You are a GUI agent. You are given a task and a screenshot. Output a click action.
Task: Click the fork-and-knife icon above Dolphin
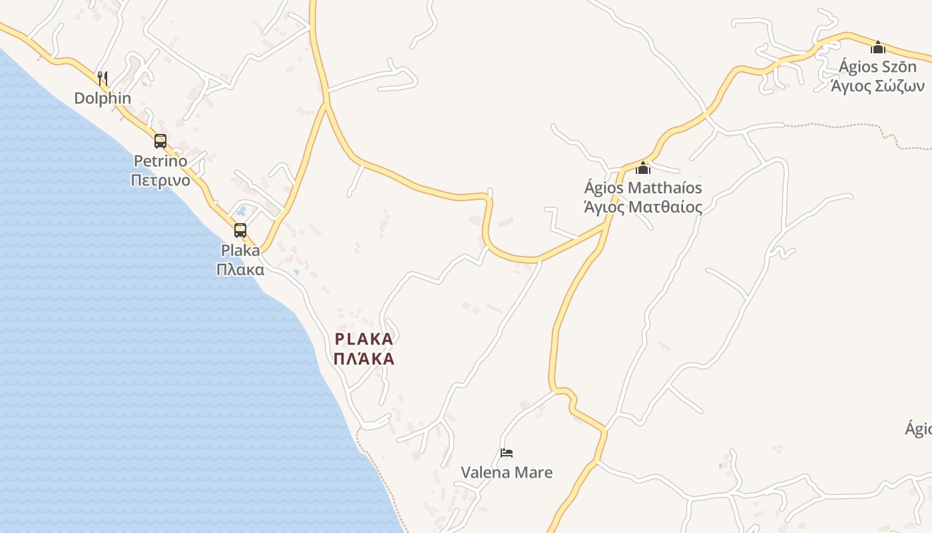pyautogui.click(x=103, y=79)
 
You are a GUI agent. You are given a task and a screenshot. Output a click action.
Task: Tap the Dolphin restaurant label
pyautogui.click(x=103, y=99)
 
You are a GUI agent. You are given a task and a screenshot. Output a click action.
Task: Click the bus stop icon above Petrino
pyautogui.click(x=160, y=141)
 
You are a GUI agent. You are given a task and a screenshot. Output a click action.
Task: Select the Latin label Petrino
pyautogui.click(x=160, y=161)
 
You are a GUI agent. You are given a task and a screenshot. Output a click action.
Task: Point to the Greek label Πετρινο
pyautogui.click(x=160, y=181)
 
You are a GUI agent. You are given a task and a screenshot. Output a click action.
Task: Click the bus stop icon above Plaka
pyautogui.click(x=240, y=231)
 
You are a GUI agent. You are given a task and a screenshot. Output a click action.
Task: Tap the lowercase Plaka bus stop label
pyautogui.click(x=240, y=251)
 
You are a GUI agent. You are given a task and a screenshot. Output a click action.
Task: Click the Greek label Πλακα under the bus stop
pyautogui.click(x=240, y=270)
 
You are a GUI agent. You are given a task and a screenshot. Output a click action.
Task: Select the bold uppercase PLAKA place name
pyautogui.click(x=364, y=339)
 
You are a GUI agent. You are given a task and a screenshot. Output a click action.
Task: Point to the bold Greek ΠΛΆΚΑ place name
pyautogui.click(x=364, y=359)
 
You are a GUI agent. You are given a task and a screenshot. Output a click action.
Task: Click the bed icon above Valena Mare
pyautogui.click(x=507, y=453)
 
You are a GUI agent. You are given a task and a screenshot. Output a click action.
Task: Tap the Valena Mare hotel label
pyautogui.click(x=507, y=473)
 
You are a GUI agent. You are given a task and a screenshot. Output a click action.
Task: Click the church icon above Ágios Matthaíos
pyautogui.click(x=643, y=168)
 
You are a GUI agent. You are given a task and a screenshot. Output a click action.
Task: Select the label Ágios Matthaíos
pyautogui.click(x=643, y=188)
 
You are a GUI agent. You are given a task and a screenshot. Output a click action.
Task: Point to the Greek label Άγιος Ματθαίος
pyautogui.click(x=643, y=207)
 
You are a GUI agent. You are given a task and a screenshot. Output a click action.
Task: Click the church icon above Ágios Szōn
pyautogui.click(x=878, y=47)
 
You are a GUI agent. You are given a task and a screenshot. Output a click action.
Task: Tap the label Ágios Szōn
pyautogui.click(x=877, y=67)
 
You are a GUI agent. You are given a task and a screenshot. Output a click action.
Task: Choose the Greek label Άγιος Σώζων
pyautogui.click(x=877, y=86)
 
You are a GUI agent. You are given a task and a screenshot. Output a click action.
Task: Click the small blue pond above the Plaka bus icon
pyautogui.click(x=241, y=211)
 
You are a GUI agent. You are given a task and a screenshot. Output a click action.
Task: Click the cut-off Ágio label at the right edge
pyautogui.click(x=919, y=429)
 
